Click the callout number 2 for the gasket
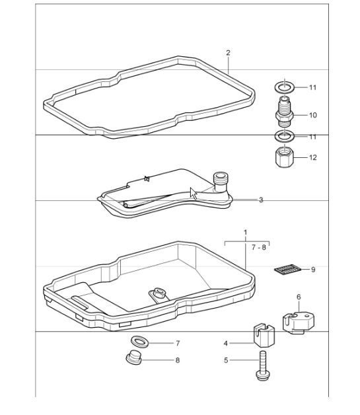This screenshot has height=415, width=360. [228, 52]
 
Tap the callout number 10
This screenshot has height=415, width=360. [312, 115]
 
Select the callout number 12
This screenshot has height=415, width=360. [312, 157]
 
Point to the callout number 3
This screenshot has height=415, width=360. [261, 200]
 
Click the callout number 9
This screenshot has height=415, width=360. [312, 270]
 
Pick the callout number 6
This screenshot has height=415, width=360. [298, 297]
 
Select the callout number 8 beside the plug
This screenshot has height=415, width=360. [177, 361]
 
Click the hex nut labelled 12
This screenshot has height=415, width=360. [284, 159]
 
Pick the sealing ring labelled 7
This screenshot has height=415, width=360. [139, 342]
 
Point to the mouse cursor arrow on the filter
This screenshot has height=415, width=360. [194, 193]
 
